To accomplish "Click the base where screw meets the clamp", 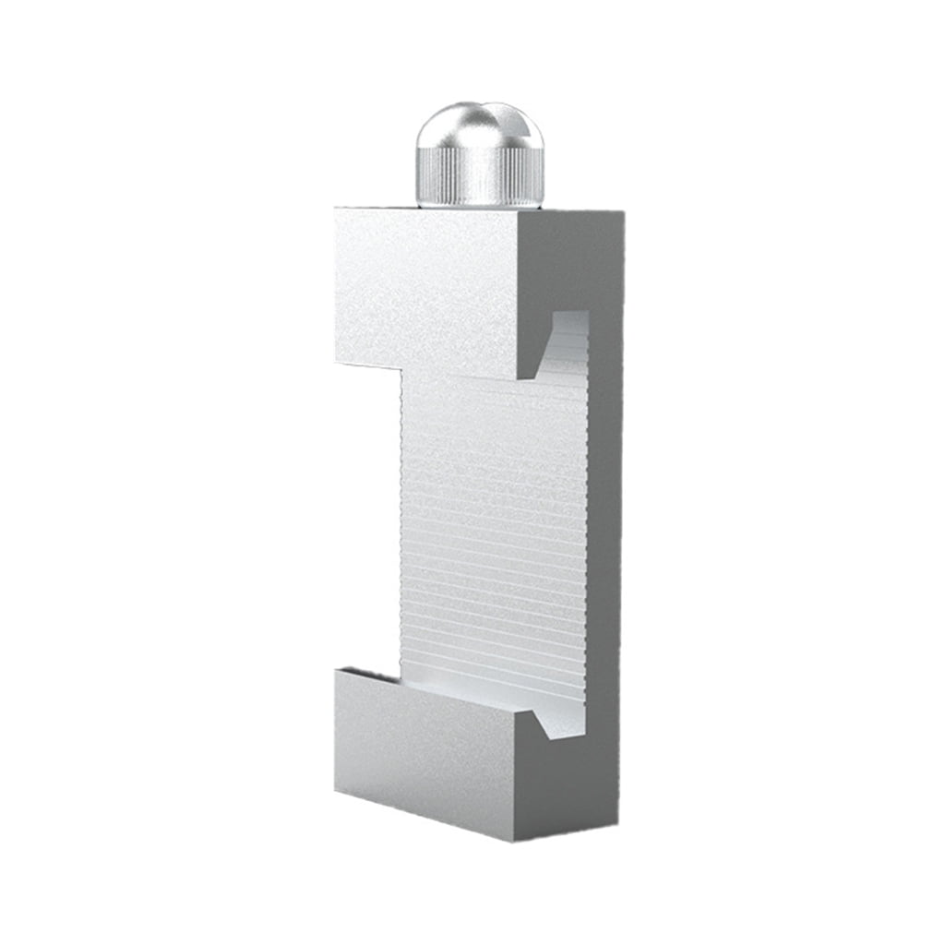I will pos(480,204).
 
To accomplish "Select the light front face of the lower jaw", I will pos(425,748).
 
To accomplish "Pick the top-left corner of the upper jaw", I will pos(336,209).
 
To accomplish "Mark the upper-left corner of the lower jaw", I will pos(337,670).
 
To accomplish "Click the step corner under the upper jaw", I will pos(401,369).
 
